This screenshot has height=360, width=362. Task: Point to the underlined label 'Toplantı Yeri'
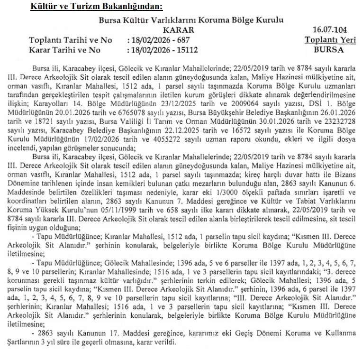click(330, 40)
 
